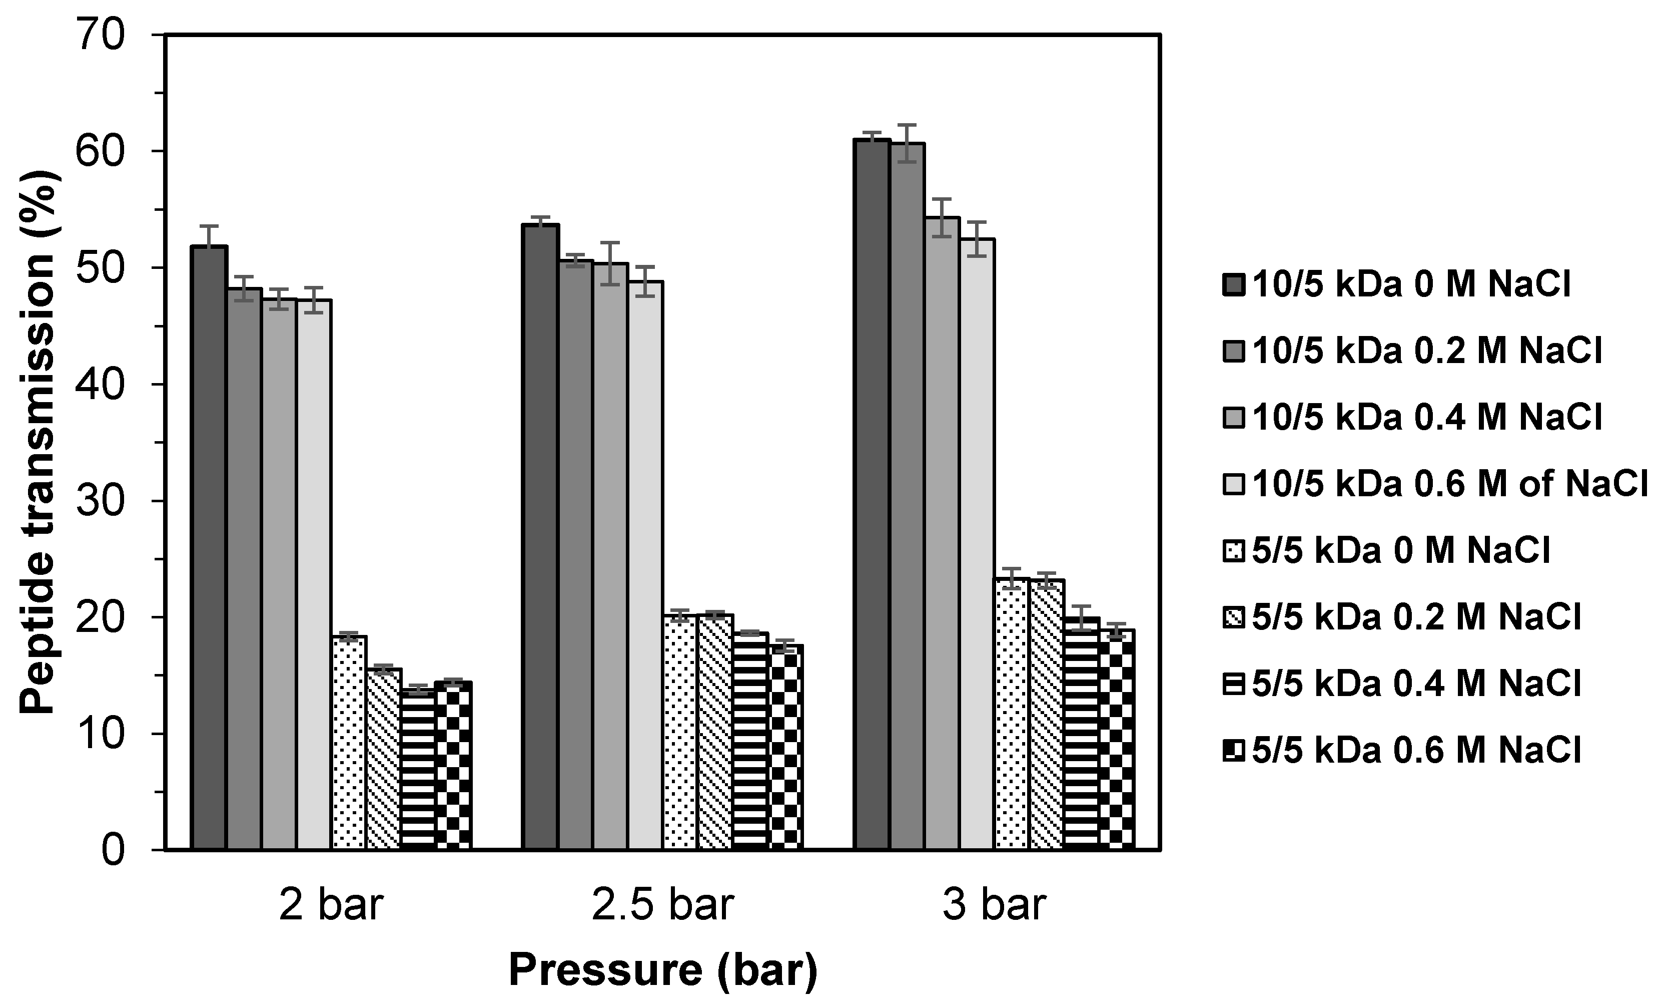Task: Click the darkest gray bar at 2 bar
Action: pyautogui.click(x=209, y=547)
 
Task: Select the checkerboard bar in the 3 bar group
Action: pyautogui.click(x=1116, y=739)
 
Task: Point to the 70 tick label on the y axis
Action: pyautogui.click(x=101, y=35)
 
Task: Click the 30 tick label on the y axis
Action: pyautogui.click(x=101, y=501)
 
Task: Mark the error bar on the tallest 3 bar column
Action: pyautogui.click(x=873, y=136)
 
